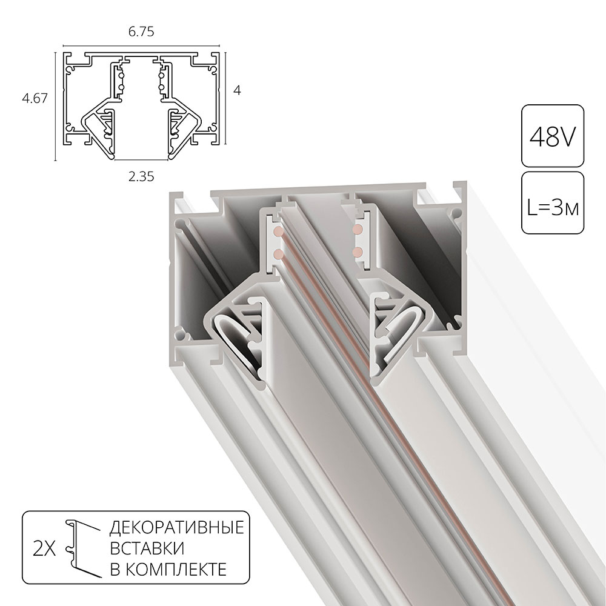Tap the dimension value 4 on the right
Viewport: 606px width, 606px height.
click(238, 90)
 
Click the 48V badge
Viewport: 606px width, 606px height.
click(553, 136)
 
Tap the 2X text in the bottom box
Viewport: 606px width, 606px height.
click(44, 548)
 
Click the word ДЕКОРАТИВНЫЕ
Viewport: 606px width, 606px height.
click(176, 528)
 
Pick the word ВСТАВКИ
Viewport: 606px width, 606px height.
click(147, 548)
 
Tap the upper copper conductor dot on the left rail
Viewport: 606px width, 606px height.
click(278, 232)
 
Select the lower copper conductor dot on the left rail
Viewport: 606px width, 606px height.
click(278, 252)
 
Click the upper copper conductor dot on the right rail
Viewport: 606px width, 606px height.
click(358, 230)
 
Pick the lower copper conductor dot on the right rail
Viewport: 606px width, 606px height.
click(358, 250)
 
